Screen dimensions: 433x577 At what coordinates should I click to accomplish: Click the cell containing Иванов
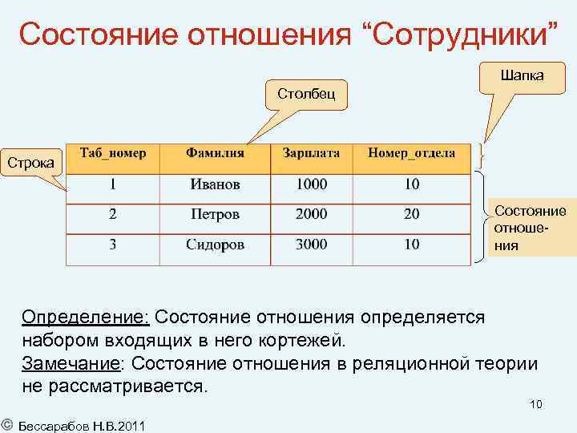pyautogui.click(x=215, y=184)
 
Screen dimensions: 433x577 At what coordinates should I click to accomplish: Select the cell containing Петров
pyautogui.click(x=215, y=214)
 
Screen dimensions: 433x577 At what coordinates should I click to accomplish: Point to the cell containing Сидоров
pyautogui.click(x=215, y=245)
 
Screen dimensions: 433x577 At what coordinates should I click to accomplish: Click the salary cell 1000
pyautogui.click(x=311, y=184)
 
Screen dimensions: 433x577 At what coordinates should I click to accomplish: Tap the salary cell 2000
pyautogui.click(x=311, y=214)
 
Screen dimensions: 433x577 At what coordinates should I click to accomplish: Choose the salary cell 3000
pyautogui.click(x=311, y=245)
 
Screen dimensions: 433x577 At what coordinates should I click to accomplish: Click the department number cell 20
pyautogui.click(x=411, y=214)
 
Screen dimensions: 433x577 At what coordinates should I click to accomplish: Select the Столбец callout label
pyautogui.click(x=301, y=94)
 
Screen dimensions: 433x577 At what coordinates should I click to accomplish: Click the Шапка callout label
pyautogui.click(x=522, y=75)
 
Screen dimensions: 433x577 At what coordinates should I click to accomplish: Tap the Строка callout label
pyautogui.click(x=31, y=163)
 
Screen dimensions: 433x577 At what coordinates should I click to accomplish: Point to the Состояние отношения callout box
pyautogui.click(x=530, y=228)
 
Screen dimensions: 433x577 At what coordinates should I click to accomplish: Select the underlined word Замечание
pyautogui.click(x=71, y=363)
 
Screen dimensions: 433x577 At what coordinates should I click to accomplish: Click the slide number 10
pyautogui.click(x=535, y=404)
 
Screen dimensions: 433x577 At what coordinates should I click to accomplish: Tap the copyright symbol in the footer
pyautogui.click(x=6, y=424)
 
